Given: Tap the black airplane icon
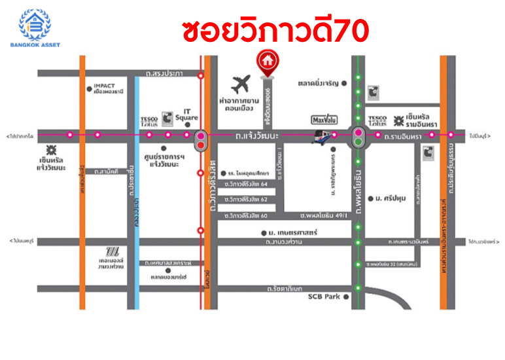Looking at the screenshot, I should click(x=241, y=85).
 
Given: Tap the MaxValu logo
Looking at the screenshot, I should click(x=324, y=120).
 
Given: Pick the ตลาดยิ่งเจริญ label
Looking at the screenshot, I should click(x=317, y=84).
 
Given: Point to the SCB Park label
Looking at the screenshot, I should click(x=324, y=297).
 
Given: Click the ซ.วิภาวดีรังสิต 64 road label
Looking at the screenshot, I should click(x=246, y=185).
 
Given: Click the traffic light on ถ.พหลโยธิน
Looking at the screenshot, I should click(x=358, y=135).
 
